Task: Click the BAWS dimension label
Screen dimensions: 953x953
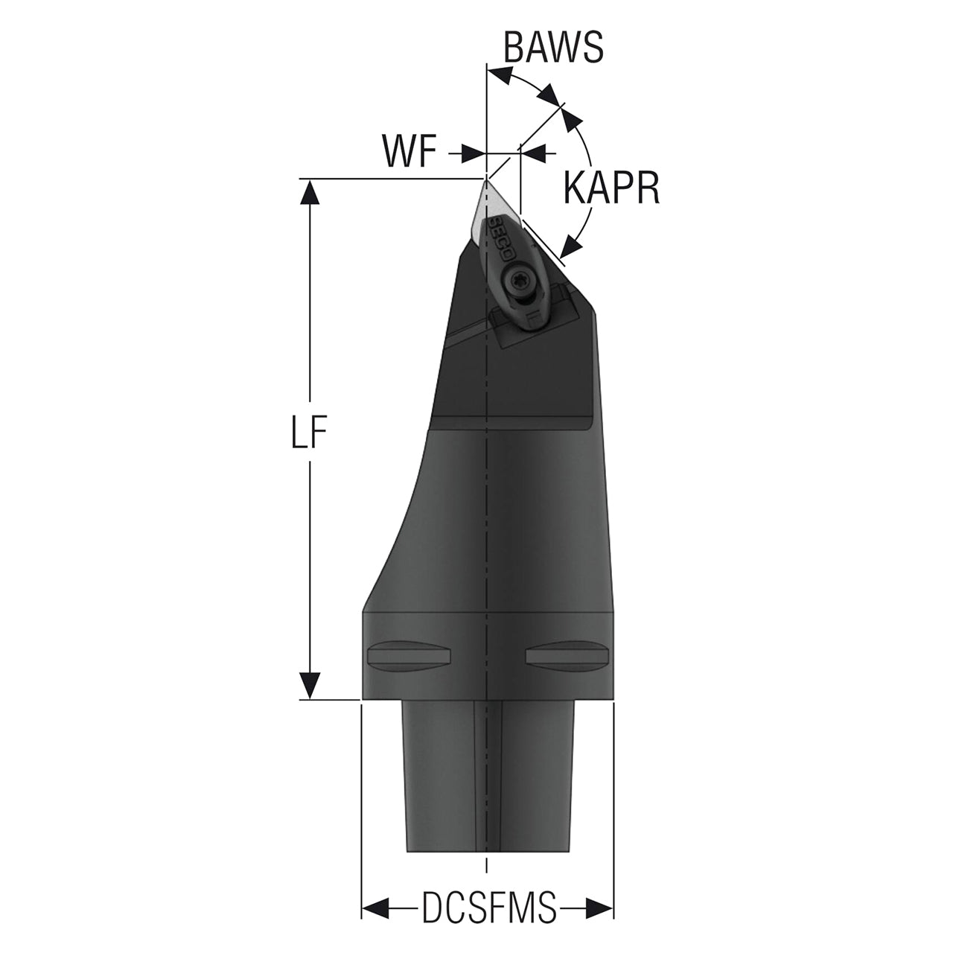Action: [x=552, y=48]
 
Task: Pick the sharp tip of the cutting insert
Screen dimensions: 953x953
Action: [x=485, y=179]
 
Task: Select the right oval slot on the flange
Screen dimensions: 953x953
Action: [x=568, y=655]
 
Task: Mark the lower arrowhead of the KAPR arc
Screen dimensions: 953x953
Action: [x=572, y=244]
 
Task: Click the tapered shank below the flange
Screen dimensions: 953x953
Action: [x=488, y=774]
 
